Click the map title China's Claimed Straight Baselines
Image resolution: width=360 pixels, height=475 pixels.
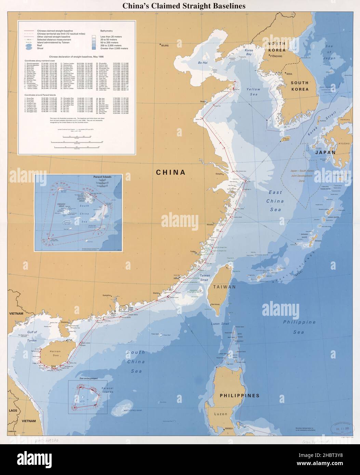[x=180, y=5]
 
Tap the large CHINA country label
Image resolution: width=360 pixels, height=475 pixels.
[x=171, y=172]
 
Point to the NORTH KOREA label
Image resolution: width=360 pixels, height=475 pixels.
[x=281, y=46]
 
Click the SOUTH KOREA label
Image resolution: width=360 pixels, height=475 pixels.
[x=299, y=86]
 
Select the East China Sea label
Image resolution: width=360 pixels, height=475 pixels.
[x=275, y=202]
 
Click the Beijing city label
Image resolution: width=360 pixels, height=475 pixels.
[x=165, y=45]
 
